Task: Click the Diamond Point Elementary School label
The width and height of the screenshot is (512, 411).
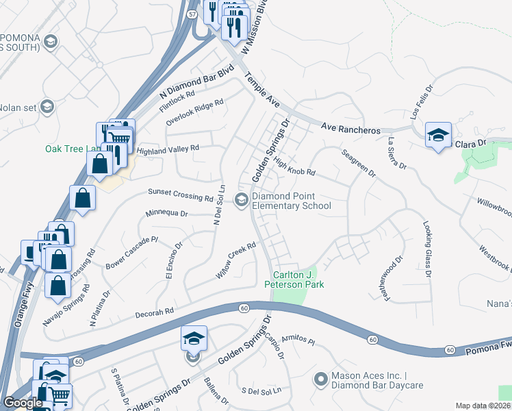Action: click(291, 201)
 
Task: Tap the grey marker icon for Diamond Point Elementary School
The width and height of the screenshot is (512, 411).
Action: click(241, 200)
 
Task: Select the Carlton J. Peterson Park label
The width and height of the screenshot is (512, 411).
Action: click(294, 279)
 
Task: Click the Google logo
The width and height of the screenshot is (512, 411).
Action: click(23, 403)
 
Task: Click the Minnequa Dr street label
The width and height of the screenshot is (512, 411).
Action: click(166, 214)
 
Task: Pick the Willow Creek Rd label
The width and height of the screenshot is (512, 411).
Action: click(236, 260)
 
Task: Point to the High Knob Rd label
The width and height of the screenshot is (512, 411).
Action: click(294, 166)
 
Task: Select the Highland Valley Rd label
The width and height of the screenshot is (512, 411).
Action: click(168, 149)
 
